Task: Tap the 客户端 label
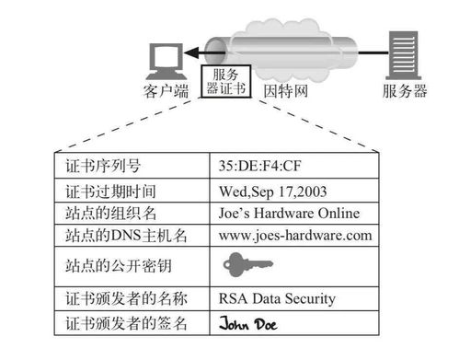point(166,91)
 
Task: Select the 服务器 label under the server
point(405,91)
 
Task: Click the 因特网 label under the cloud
point(285,91)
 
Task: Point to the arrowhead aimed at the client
point(191,53)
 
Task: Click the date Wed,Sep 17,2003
point(275,192)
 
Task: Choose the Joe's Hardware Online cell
point(290,214)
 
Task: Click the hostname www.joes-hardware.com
point(295,236)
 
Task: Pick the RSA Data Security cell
point(277,299)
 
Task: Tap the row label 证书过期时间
point(109,192)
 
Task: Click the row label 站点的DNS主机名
point(126,236)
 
